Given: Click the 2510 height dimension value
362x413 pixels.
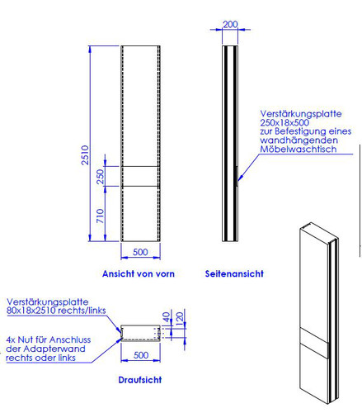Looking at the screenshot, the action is tap(85, 155).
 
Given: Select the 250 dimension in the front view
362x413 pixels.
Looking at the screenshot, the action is tap(101, 177).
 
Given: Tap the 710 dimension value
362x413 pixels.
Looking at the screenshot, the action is tap(101, 216).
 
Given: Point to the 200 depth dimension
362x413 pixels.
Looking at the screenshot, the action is tap(230, 24).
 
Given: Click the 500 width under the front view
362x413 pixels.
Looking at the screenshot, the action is tap(140, 252).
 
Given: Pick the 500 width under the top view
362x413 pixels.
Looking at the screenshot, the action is tap(141, 355).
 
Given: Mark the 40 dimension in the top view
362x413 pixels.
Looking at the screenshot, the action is tap(167, 317).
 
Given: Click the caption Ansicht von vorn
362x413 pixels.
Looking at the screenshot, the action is tap(139, 273).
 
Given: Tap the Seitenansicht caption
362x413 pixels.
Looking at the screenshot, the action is tap(234, 273).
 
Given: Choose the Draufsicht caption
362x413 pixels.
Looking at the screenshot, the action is tap(140, 380).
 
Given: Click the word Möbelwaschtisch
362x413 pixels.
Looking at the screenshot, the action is tap(299, 150).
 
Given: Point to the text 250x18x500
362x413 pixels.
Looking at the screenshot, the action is tap(284, 122).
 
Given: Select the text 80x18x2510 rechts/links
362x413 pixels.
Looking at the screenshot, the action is tap(56, 311).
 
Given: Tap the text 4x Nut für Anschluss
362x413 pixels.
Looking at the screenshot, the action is tap(49, 339).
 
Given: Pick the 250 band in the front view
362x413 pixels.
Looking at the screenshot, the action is tap(140, 176).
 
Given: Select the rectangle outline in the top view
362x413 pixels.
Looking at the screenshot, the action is tap(140, 325).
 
